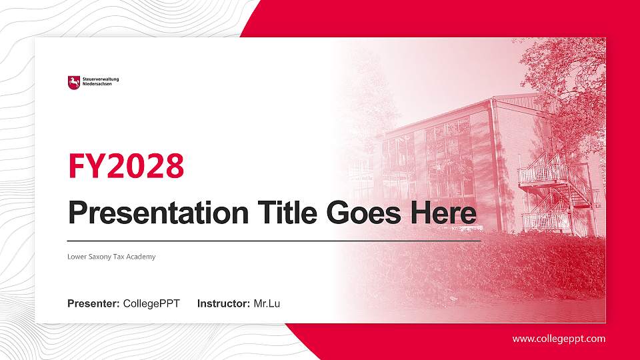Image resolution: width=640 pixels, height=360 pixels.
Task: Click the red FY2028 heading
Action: pos(126,166)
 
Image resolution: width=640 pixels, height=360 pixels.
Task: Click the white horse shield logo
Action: pos(73,83)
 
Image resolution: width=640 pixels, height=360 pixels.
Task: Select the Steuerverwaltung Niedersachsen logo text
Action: pos(100,83)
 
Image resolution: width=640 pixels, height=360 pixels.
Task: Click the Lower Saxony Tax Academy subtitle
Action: pos(111,257)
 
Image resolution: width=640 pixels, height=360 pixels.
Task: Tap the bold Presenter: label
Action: pos(93,304)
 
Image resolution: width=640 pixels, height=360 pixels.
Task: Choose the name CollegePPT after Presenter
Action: pos(151,304)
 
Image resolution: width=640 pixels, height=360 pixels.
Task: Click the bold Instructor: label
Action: pos(224,304)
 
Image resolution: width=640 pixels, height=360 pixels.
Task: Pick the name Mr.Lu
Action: pos(267,304)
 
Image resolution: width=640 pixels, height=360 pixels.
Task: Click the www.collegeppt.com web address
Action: pos(559,339)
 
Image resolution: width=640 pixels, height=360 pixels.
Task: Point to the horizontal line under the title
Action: pos(274,241)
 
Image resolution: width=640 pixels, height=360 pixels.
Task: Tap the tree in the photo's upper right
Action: pos(567,80)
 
